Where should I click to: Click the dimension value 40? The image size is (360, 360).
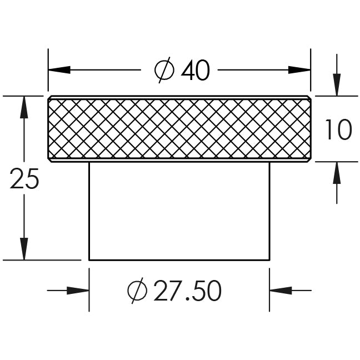[196, 70]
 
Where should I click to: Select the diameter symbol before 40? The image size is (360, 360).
[164, 70]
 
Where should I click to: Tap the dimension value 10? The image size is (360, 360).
[338, 129]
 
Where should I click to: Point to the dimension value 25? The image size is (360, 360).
[24, 179]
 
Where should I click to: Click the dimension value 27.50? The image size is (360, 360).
[187, 291]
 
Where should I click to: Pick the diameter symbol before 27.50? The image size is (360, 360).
[137, 291]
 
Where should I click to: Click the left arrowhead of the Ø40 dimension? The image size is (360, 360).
[59, 70]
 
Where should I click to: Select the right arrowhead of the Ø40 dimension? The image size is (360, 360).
[299, 70]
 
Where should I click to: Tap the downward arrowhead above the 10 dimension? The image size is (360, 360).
[337, 84]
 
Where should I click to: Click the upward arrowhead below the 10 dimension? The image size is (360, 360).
[337, 173]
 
